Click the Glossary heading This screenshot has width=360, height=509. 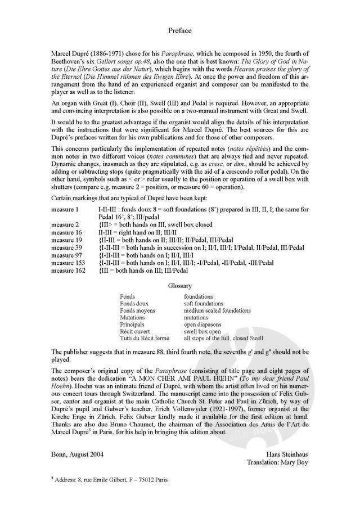click(180, 286)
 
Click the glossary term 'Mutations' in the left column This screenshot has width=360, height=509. click(132, 317)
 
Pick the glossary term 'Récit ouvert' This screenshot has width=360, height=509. click(135, 332)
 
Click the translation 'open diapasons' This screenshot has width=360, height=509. click(204, 325)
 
